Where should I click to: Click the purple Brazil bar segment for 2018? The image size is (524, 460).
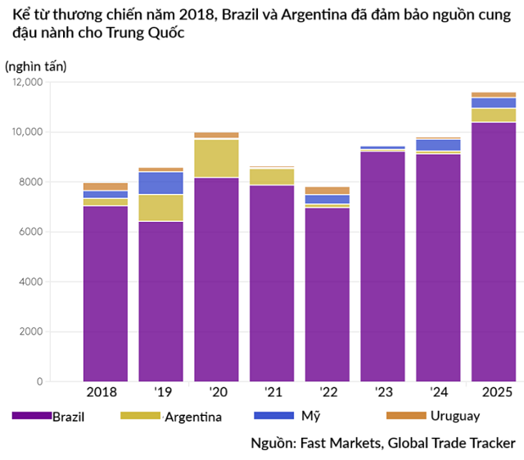coord(105,293)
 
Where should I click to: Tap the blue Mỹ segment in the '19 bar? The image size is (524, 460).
coord(160,183)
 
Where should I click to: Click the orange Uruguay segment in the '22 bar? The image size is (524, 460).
coord(327,190)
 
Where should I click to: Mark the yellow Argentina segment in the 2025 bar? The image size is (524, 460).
coord(493,115)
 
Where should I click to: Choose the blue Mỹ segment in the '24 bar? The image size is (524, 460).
coord(438,145)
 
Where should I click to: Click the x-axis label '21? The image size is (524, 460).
coord(271,393)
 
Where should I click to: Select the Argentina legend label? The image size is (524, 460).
coord(193,417)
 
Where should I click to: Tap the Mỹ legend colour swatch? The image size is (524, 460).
coord(274,416)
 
